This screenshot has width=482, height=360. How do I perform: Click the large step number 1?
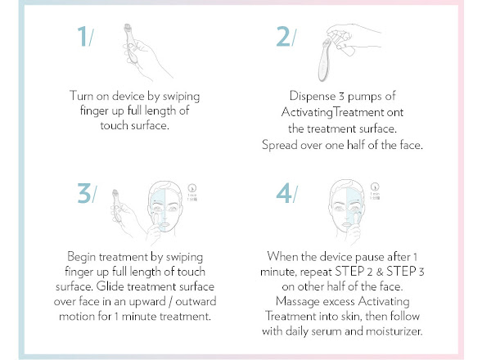(x=82, y=36)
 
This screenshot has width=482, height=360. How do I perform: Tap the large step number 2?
(x=282, y=36)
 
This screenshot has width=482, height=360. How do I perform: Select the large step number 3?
(x=84, y=193)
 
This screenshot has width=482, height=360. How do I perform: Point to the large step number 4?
(x=284, y=193)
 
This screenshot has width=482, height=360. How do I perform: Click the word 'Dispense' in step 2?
(x=312, y=96)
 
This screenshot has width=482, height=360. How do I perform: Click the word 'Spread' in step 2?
(x=279, y=145)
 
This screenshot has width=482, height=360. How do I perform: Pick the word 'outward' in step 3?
(x=196, y=301)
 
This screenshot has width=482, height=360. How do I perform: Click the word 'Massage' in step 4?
(x=298, y=302)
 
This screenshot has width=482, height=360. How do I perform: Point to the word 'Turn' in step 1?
(x=81, y=96)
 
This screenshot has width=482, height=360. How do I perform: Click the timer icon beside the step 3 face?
(x=192, y=188)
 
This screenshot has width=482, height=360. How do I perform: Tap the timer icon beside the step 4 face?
(x=375, y=187)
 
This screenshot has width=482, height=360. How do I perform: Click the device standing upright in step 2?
(x=324, y=61)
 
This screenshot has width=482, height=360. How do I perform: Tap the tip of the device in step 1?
(x=127, y=27)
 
